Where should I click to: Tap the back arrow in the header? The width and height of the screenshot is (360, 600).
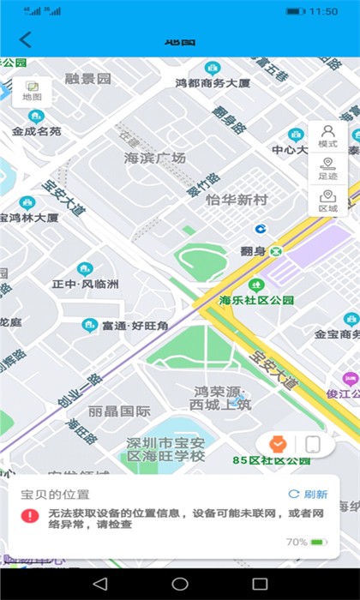(x=25, y=39)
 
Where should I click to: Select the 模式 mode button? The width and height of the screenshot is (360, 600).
(x=327, y=136)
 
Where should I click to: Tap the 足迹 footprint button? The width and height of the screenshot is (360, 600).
(x=327, y=169)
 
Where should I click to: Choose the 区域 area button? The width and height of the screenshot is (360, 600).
(x=327, y=201)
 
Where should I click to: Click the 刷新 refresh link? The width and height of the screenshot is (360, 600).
(x=308, y=495)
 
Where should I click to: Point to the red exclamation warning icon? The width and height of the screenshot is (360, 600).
(x=31, y=516)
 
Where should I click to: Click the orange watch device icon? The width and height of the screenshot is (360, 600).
(x=277, y=444)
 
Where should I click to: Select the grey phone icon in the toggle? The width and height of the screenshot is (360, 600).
(x=313, y=444)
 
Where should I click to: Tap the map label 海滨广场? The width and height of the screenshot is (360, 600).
(x=155, y=159)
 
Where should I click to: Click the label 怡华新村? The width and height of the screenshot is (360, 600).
(x=237, y=200)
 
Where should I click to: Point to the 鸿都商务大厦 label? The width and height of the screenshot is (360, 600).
(x=213, y=83)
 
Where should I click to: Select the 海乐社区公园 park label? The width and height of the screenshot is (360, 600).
(x=256, y=300)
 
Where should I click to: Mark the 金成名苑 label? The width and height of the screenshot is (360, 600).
(x=37, y=131)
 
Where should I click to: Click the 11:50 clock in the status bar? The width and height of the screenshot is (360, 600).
(x=323, y=12)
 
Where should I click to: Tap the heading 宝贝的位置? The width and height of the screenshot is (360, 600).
(x=55, y=495)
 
